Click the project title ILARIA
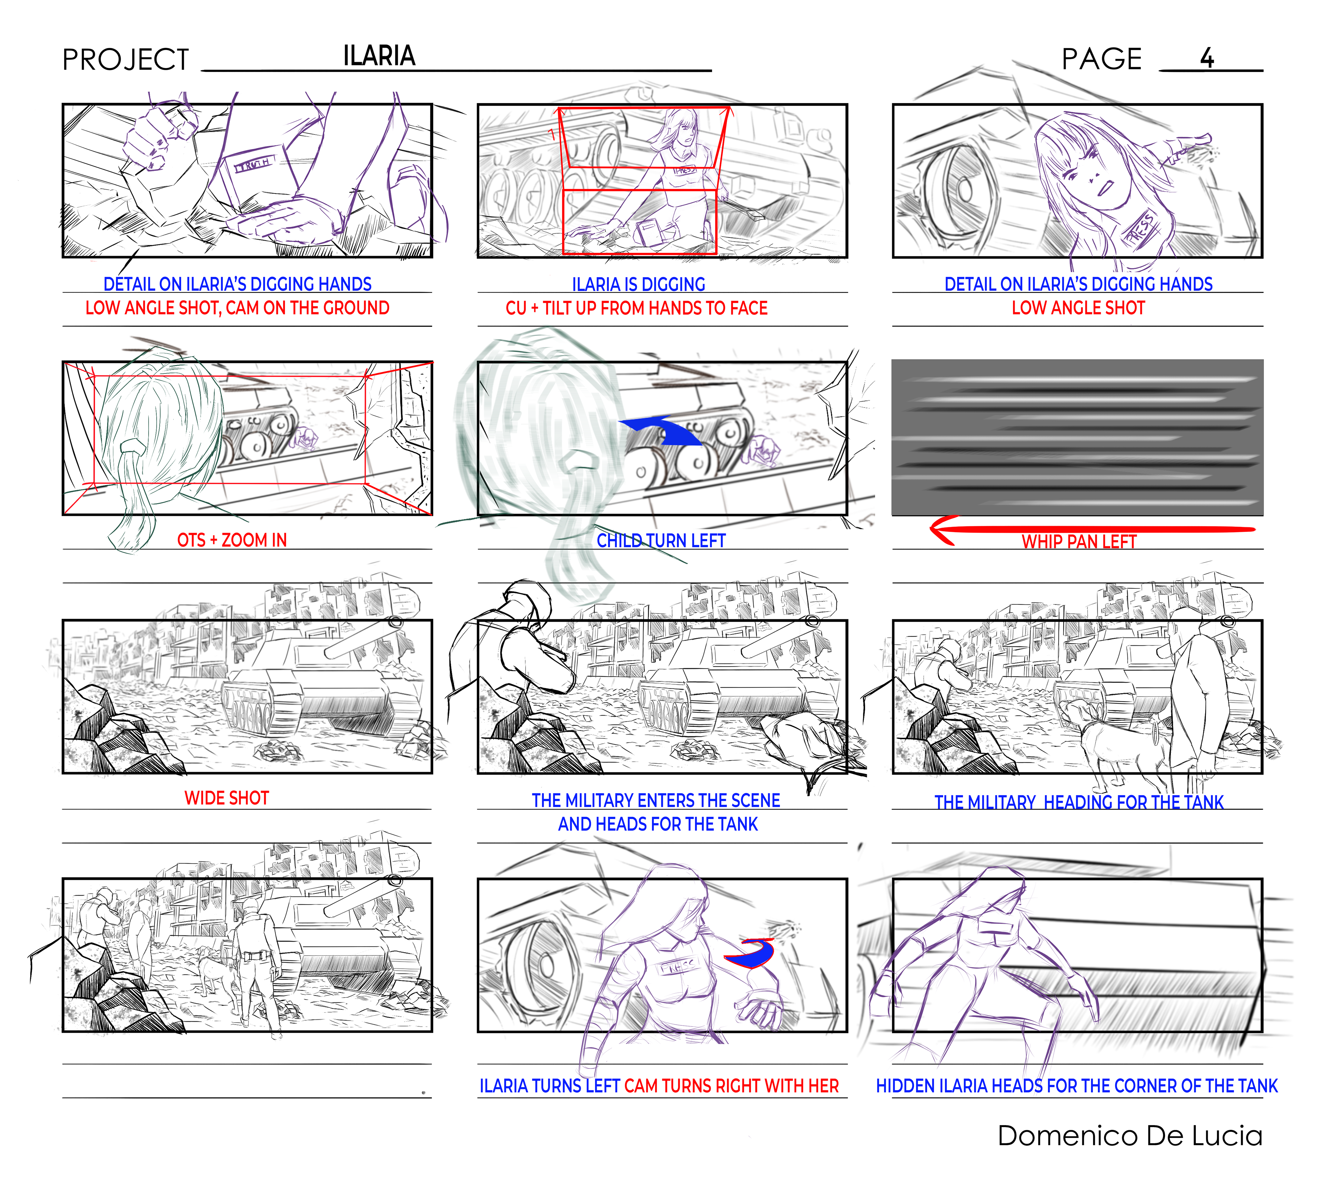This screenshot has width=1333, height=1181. pyautogui.click(x=379, y=56)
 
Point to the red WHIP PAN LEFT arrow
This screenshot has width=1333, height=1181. pyautogui.click(x=1092, y=529)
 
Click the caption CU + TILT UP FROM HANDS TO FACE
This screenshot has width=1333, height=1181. pyautogui.click(x=637, y=308)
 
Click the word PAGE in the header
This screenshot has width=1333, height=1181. pyautogui.click(x=1101, y=59)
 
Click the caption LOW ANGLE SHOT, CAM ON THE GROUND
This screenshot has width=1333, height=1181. pyautogui.click(x=237, y=308)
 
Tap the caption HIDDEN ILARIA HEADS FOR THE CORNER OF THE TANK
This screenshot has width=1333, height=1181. pyautogui.click(x=1077, y=1086)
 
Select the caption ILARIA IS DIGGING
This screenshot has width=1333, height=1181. pyautogui.click(x=638, y=284)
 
